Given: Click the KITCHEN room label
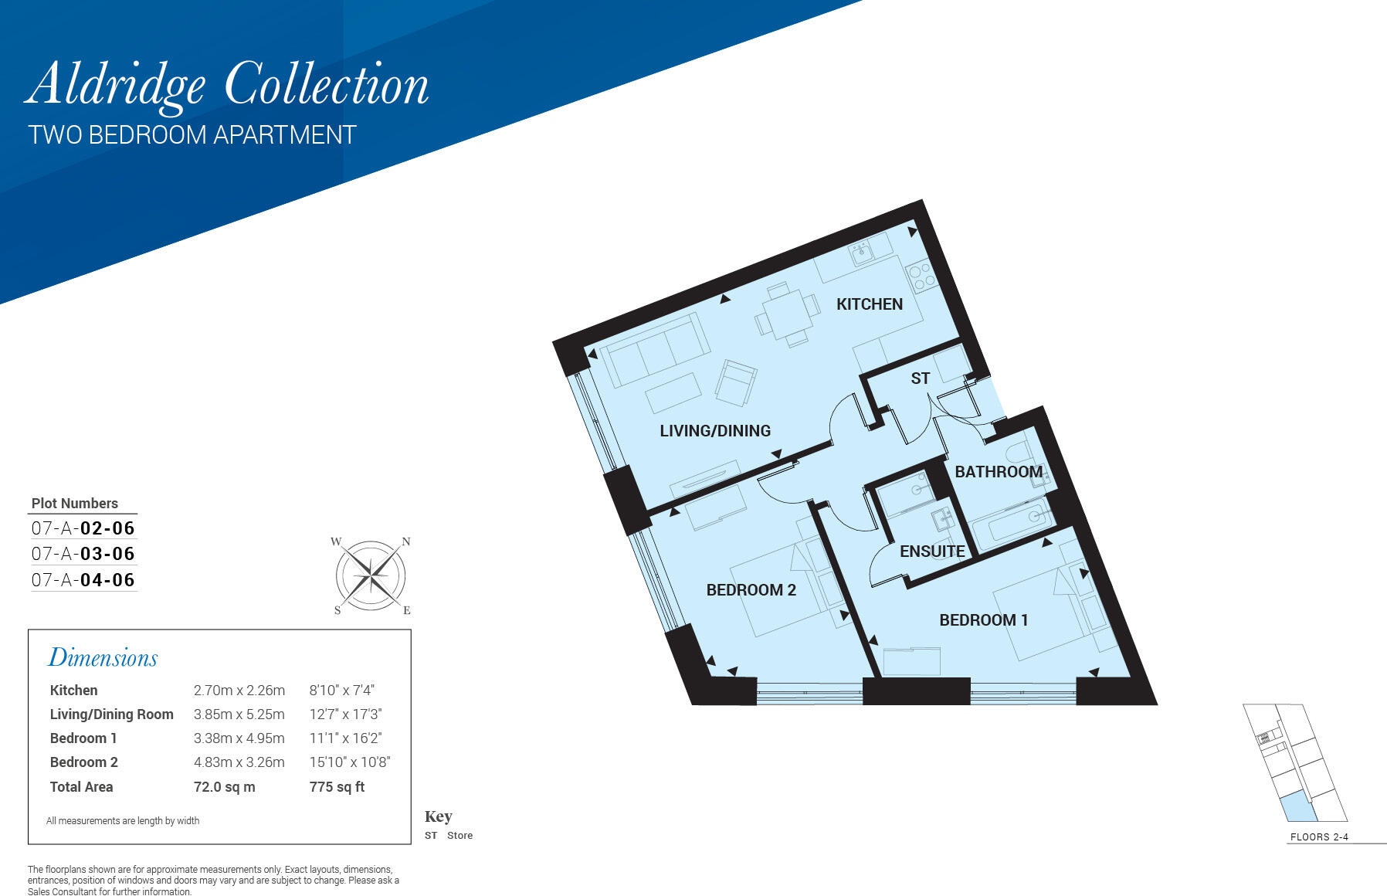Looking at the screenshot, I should (x=870, y=304).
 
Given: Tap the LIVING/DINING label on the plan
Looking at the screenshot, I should (x=715, y=431).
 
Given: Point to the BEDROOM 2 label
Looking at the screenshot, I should (x=751, y=590).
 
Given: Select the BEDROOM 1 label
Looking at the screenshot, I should (x=983, y=620).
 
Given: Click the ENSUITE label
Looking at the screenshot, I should (x=932, y=552).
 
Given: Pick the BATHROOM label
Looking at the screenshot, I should (x=999, y=472).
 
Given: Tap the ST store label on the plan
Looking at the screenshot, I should (x=920, y=378).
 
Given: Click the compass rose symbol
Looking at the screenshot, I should (x=371, y=575).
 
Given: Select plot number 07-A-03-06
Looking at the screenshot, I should (x=83, y=554).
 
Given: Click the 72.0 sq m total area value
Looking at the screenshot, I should (x=224, y=787).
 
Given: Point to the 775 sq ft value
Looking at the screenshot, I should (x=337, y=787).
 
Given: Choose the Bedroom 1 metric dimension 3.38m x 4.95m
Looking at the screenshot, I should (x=239, y=738).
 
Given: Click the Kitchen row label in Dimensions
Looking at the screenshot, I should (x=74, y=691).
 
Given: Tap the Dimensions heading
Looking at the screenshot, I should (x=103, y=657).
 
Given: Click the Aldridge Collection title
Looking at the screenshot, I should (x=227, y=85).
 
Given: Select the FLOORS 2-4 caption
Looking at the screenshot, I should (x=1319, y=837).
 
